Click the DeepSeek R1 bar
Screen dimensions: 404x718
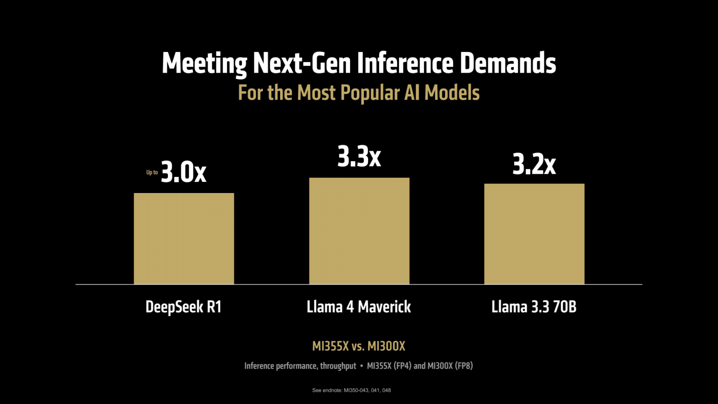[184, 238]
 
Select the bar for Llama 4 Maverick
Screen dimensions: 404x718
[359, 231]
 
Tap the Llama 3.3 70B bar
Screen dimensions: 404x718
[534, 233]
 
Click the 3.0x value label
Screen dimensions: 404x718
[184, 172]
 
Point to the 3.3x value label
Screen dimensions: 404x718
[359, 157]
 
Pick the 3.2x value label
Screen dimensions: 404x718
[534, 164]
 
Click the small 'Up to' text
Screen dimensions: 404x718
[152, 172]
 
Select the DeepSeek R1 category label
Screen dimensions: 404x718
[184, 307]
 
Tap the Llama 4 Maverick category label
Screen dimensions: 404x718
[359, 307]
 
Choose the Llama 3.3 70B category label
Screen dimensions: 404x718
[534, 307]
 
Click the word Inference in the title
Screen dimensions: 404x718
[405, 63]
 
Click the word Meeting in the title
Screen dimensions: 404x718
[204, 64]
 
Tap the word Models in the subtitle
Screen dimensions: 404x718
[452, 93]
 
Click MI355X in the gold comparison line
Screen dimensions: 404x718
[330, 346]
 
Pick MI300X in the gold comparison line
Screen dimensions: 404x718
[386, 346]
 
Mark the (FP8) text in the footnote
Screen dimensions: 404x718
[464, 366]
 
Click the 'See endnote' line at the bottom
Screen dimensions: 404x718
[351, 390]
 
